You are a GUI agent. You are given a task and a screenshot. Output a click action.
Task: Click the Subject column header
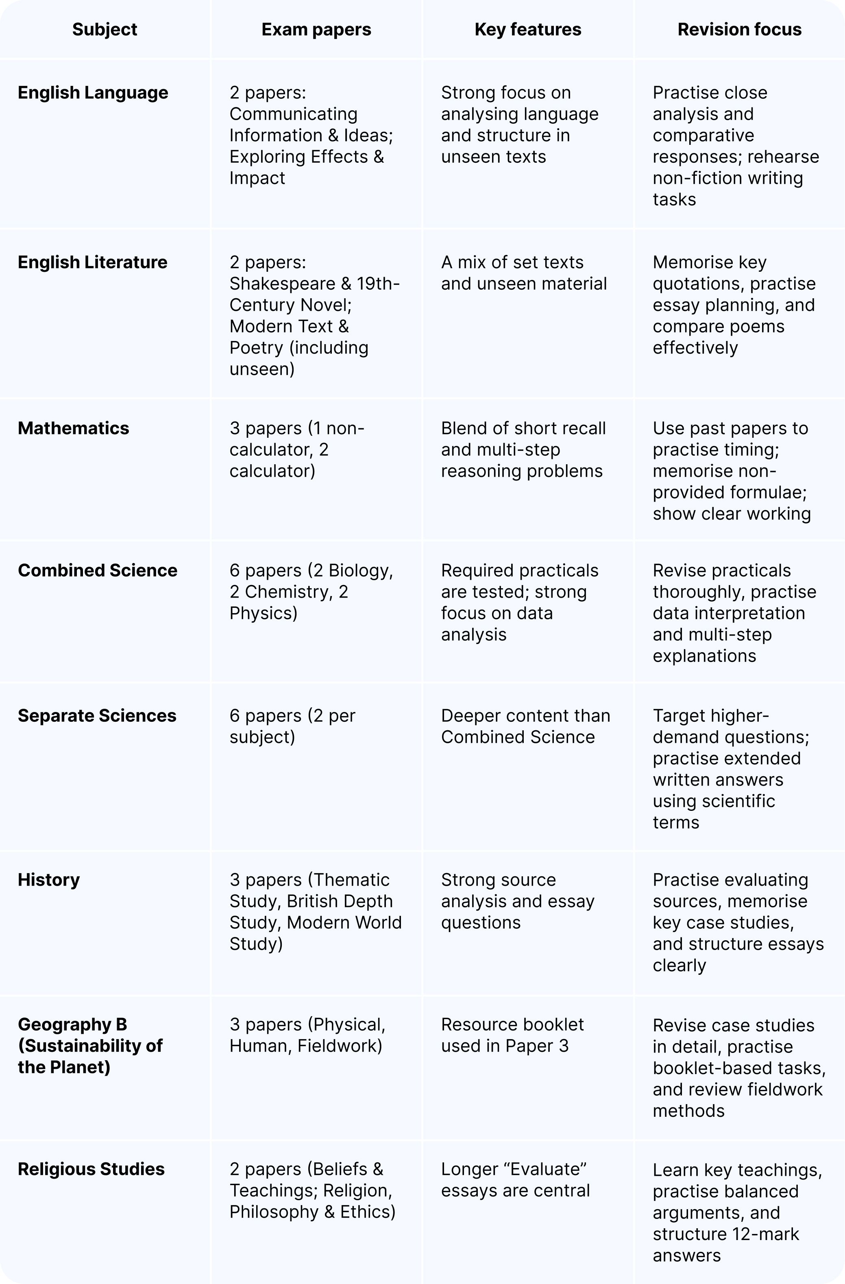[x=105, y=29]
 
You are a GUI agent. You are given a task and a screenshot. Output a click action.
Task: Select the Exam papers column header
[x=316, y=29]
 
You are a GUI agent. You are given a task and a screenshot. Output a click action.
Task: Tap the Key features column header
[x=527, y=29]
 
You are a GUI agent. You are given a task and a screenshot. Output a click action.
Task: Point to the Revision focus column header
[x=739, y=29]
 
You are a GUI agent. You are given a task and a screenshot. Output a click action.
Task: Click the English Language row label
[x=93, y=93]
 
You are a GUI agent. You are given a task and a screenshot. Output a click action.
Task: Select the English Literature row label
[x=92, y=262]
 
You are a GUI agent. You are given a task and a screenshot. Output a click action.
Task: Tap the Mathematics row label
[x=73, y=428]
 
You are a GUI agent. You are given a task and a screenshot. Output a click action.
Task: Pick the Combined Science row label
[x=97, y=571]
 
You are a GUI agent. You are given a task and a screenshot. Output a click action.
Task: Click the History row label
[x=48, y=880]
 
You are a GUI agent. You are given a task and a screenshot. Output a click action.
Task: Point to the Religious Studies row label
[x=91, y=1169]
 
